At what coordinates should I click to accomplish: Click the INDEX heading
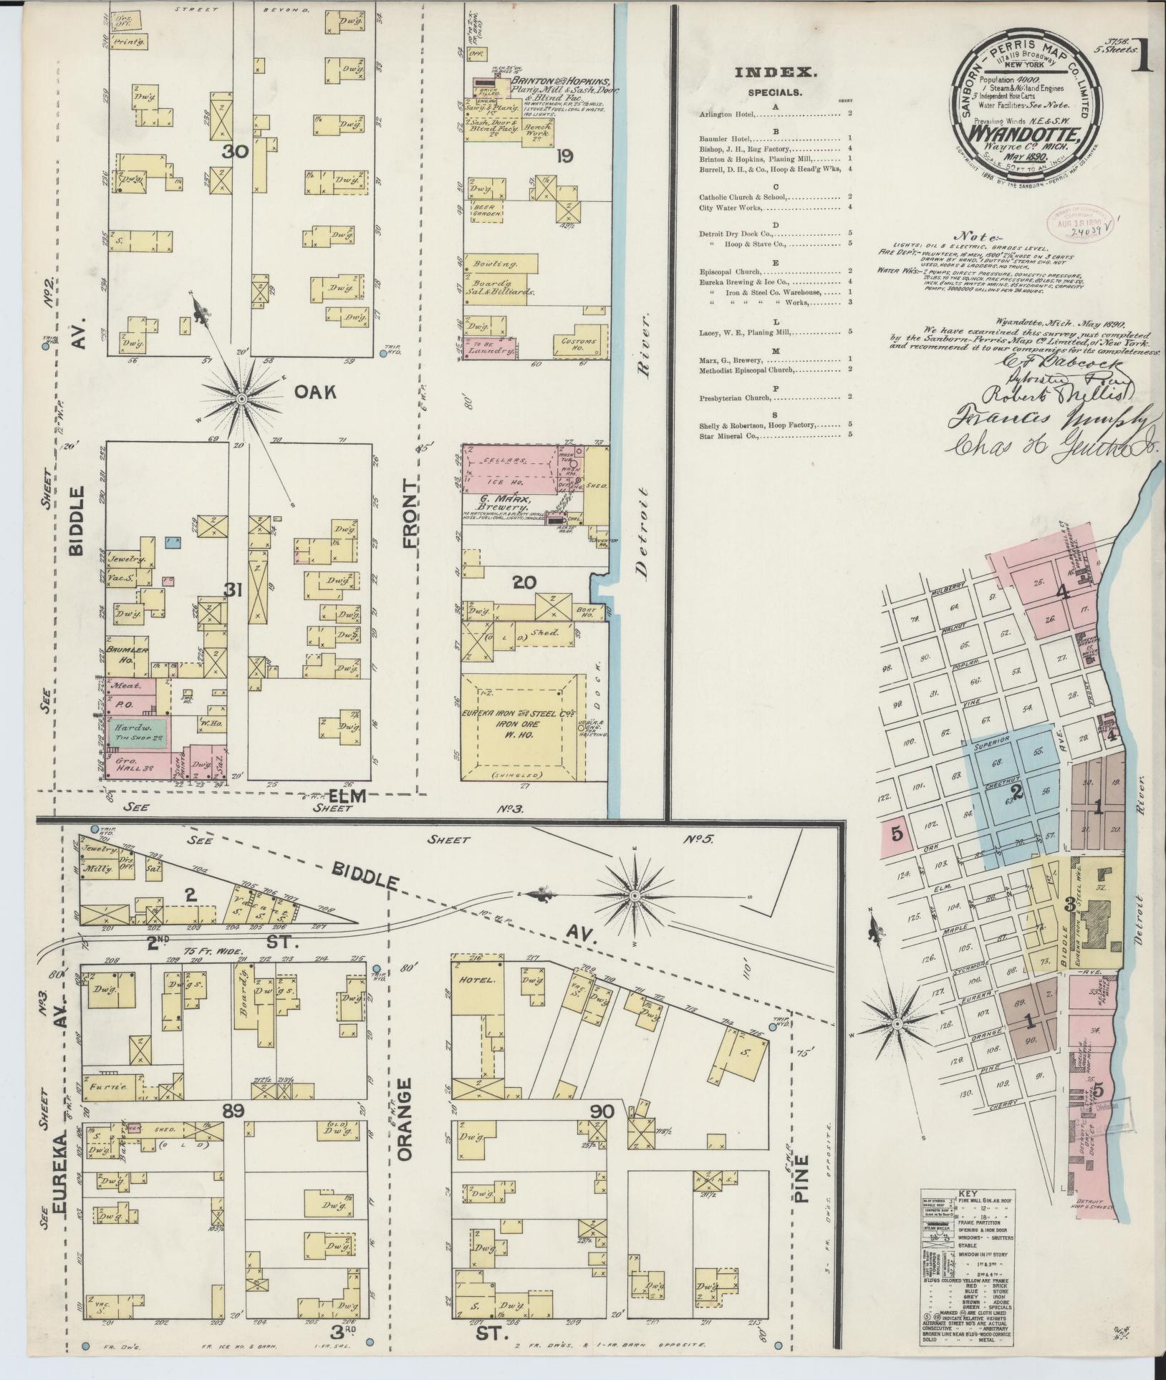click(x=776, y=72)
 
